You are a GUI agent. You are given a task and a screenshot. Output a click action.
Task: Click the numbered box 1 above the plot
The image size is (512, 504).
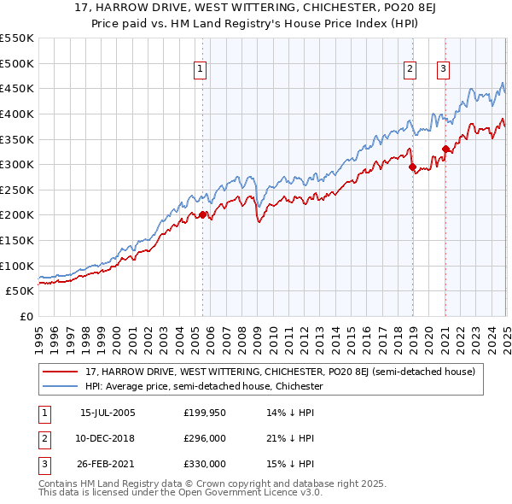200,70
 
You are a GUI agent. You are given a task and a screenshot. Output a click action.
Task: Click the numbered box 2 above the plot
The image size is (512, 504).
410,70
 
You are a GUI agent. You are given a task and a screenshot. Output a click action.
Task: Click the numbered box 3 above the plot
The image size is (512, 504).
445,70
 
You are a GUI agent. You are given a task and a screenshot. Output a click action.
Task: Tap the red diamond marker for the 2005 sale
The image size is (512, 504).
202,215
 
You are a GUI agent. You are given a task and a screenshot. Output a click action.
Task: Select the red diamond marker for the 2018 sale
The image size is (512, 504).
413,167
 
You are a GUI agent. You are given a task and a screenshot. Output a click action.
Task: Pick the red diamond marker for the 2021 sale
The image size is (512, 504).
445,149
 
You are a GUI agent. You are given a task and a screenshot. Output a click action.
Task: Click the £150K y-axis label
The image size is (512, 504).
17,241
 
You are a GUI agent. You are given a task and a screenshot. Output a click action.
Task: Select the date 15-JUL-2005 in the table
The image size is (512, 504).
108,413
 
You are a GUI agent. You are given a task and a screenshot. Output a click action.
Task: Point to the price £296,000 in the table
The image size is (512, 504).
204,438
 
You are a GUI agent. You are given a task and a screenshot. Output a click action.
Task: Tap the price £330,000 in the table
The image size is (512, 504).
204,464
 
